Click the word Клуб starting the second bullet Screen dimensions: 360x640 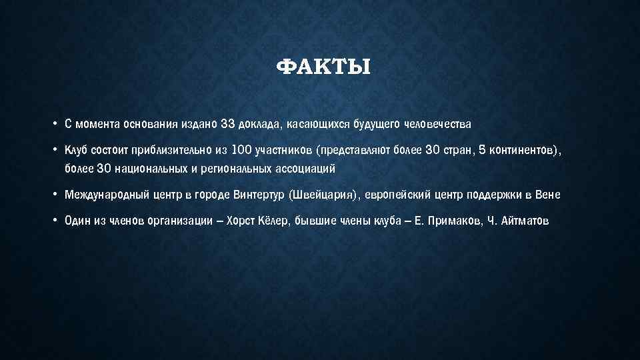(77, 151)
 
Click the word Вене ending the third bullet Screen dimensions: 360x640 (549, 195)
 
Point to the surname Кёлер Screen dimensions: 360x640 (275, 222)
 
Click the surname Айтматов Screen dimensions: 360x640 (524, 222)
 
